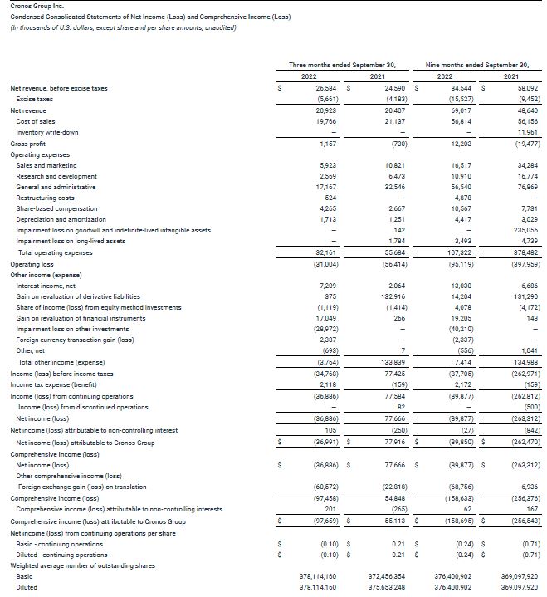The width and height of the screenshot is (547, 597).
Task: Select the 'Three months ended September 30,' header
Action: (x=342, y=64)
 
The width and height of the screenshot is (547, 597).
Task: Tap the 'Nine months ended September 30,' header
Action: (x=476, y=64)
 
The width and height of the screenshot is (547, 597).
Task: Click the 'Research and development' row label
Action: (x=56, y=176)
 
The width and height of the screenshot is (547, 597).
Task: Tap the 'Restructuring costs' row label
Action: (x=45, y=198)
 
